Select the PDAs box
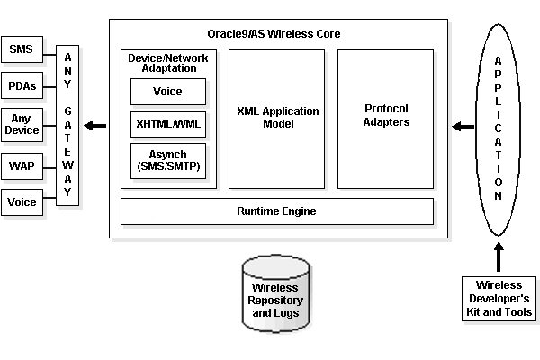21,86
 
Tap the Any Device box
21,125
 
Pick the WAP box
21,165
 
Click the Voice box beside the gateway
21,202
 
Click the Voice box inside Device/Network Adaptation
168,92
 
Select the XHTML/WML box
168,123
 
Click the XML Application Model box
277,118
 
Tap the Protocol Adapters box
386,118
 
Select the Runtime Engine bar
277,211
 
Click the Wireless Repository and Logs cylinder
277,293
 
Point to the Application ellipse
499,126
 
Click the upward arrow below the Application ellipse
499,256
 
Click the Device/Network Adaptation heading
168,62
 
